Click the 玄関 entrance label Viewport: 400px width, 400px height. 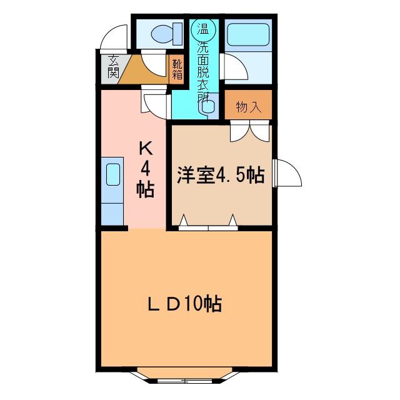113,67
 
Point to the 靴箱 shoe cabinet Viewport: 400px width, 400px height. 177,69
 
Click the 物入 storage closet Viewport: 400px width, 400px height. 248,107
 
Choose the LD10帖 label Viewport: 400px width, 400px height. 186,304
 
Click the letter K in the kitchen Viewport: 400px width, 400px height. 145,148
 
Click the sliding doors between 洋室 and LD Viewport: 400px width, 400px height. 208,223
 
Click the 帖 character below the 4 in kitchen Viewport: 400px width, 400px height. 146,189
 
